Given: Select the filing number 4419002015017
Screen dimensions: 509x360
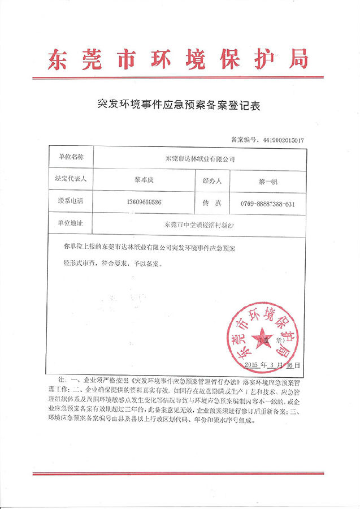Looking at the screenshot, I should (x=280, y=139).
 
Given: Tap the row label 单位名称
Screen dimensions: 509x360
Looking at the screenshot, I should (x=67, y=156).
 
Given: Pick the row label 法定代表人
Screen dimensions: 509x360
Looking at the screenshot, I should (x=67, y=179).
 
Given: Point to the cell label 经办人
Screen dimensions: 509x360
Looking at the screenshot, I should (x=212, y=181).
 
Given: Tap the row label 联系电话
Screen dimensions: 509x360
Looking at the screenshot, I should (x=67, y=201).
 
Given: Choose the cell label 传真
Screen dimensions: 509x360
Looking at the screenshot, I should (x=212, y=202).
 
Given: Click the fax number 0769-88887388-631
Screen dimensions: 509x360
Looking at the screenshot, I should (x=268, y=204).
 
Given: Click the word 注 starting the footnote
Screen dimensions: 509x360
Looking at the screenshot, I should (x=54, y=377).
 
